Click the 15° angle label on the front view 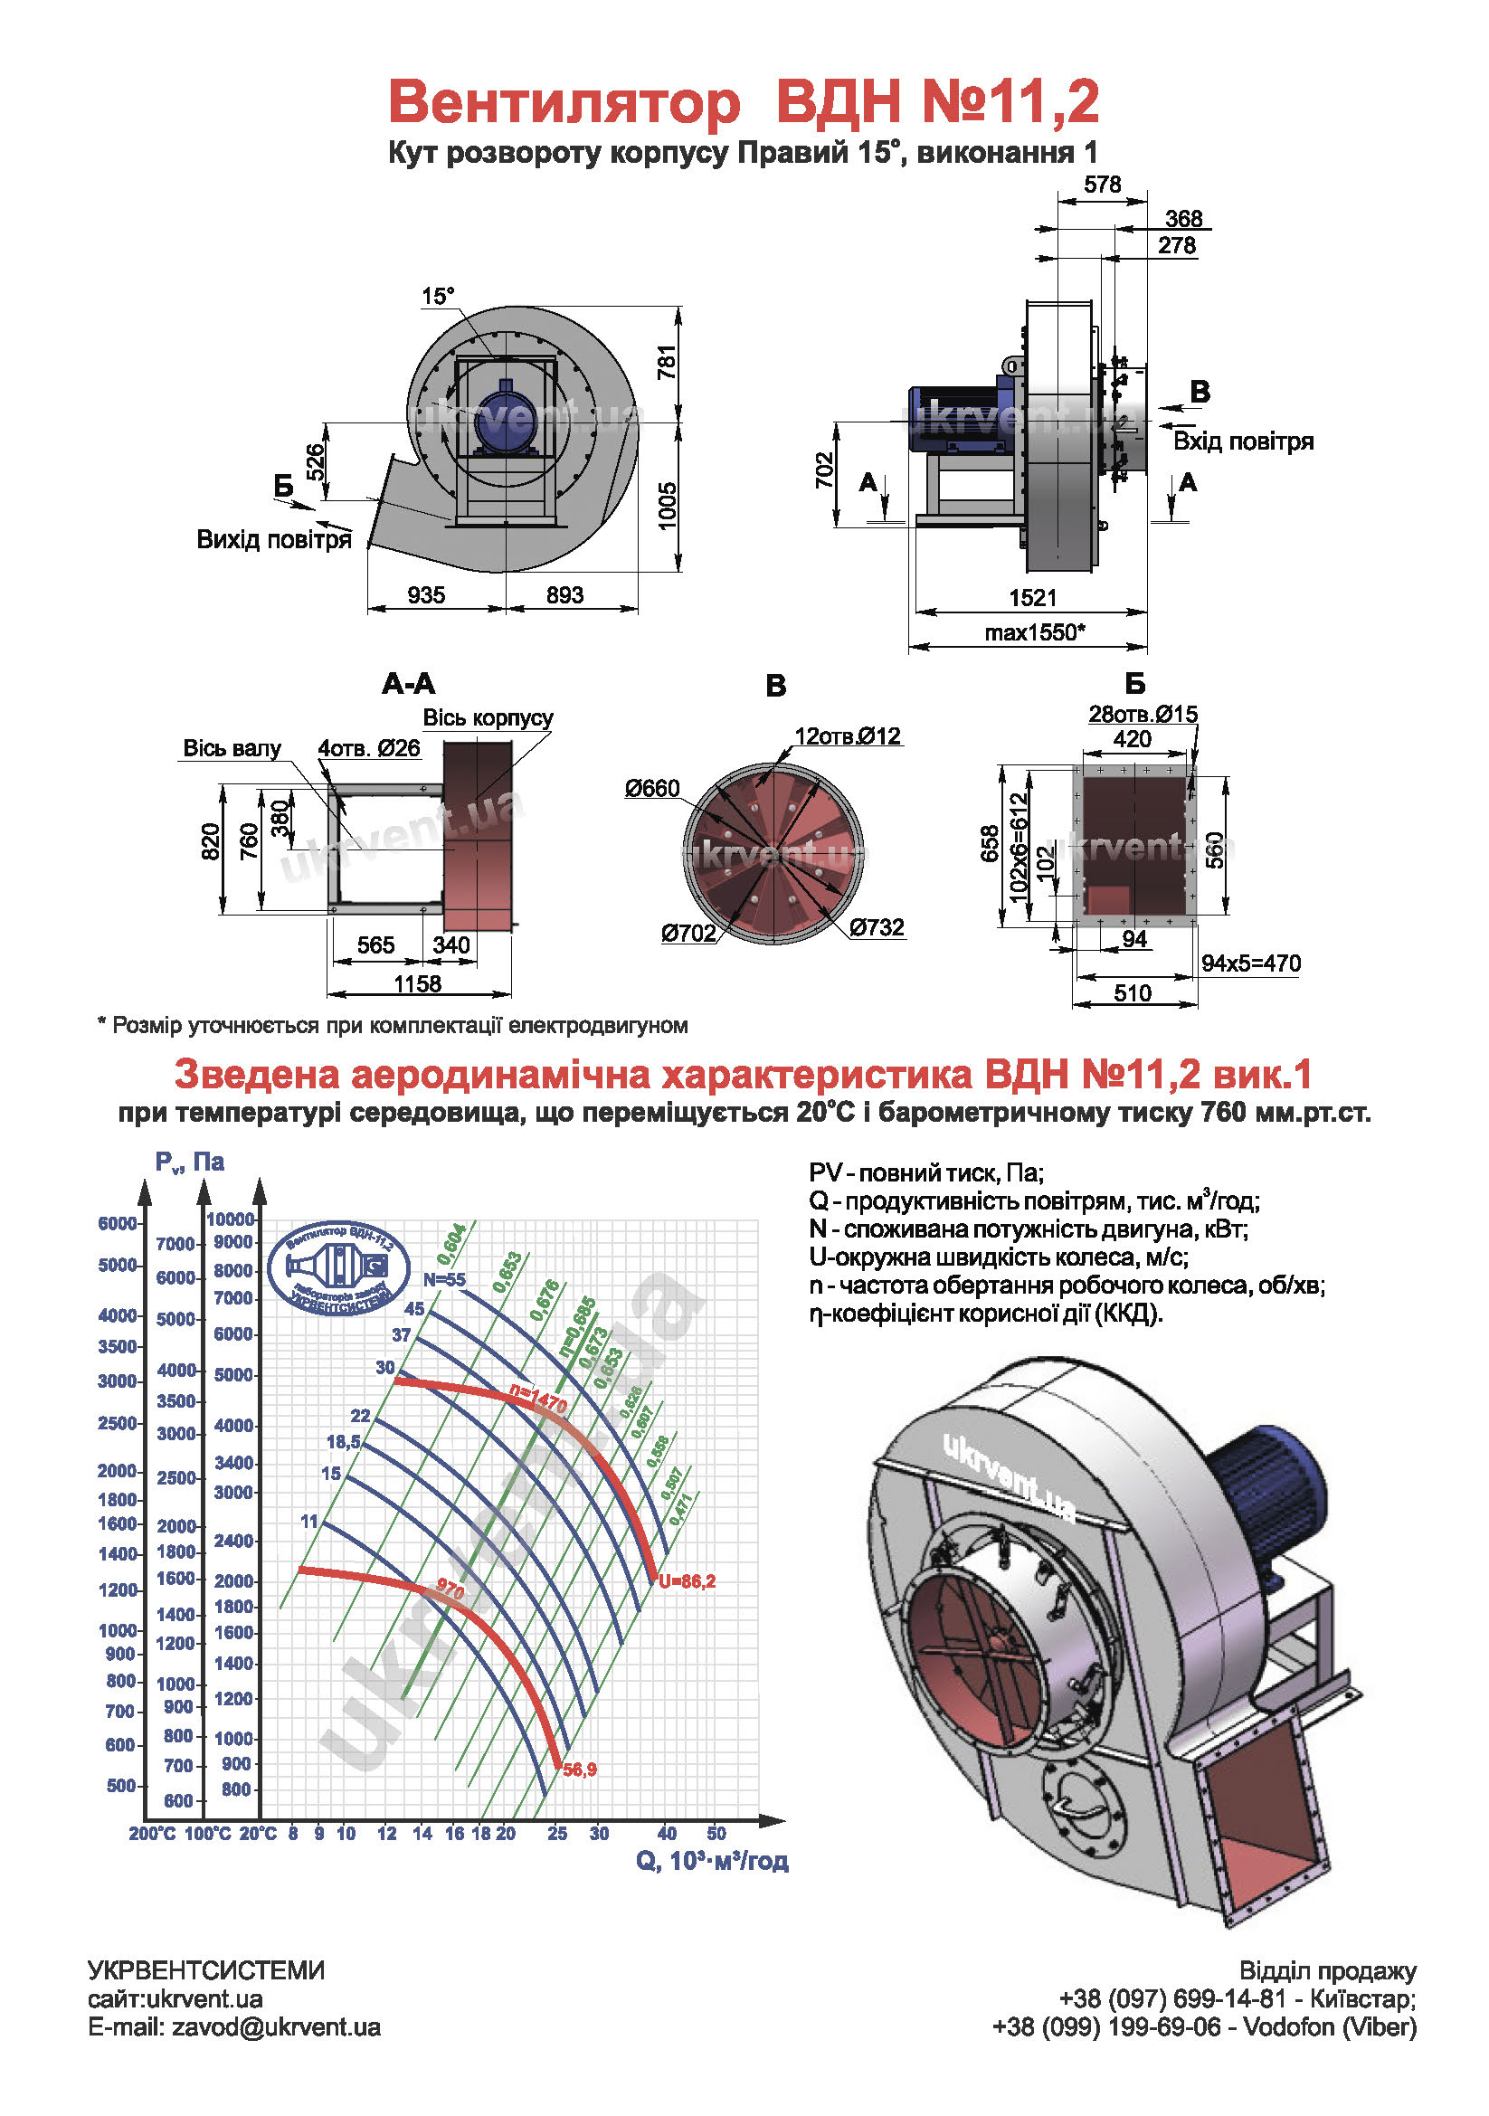tap(438, 297)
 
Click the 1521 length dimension tap(1032, 597)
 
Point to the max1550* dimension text tap(1035, 632)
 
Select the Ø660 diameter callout tap(651, 788)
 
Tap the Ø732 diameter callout tap(877, 926)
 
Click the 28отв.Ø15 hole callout tap(1143, 713)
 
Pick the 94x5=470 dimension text tap(1250, 963)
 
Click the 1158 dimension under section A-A tap(417, 983)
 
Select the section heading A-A tap(408, 683)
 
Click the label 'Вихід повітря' tap(274, 539)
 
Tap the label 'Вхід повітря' tap(1242, 441)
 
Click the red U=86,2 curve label tap(687, 1581)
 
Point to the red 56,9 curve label tap(580, 1770)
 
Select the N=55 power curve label tap(444, 1279)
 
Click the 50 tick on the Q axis tap(716, 1833)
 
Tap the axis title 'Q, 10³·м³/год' tap(711, 1861)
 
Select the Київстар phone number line tap(1237, 1999)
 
